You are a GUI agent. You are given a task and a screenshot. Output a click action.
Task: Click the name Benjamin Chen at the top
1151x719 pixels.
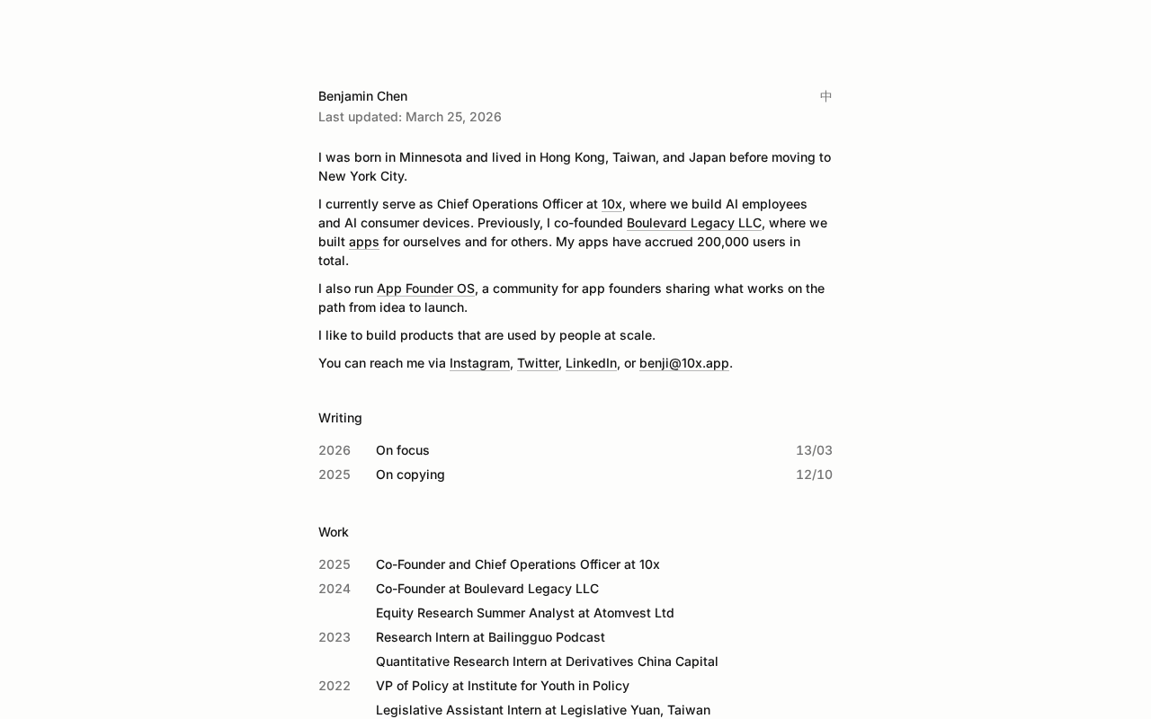(x=362, y=96)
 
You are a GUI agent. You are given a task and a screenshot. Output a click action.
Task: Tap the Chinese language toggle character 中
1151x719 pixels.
(x=825, y=96)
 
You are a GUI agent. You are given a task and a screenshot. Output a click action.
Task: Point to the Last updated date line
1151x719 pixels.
(x=409, y=117)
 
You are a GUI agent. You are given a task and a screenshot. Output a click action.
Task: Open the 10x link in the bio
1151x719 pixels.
(x=611, y=204)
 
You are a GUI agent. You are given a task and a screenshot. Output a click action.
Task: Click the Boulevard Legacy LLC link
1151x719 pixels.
(x=693, y=223)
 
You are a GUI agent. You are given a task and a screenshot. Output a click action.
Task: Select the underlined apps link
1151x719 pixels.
(x=363, y=242)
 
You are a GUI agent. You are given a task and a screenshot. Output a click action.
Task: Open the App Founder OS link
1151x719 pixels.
(x=425, y=288)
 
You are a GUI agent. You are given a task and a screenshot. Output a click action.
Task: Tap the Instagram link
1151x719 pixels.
(x=479, y=363)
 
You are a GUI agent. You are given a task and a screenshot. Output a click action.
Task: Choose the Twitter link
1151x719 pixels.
(x=538, y=363)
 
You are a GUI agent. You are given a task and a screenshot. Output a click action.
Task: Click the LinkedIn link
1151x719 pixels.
(x=591, y=363)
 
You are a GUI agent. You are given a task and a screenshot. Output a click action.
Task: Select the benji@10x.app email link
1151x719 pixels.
(x=683, y=363)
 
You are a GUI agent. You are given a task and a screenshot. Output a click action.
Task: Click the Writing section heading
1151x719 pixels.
(x=340, y=418)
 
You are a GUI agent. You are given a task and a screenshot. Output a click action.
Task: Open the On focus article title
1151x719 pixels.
(x=402, y=450)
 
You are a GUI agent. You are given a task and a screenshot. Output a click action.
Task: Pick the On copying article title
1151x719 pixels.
(x=410, y=475)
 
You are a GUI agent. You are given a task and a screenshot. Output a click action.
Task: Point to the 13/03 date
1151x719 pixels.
(x=814, y=450)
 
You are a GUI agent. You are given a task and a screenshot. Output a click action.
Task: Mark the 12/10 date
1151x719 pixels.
(x=814, y=475)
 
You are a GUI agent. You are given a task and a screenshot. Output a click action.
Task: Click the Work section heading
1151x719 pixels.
(x=333, y=532)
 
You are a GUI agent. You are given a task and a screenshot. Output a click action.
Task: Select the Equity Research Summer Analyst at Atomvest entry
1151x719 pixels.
(x=524, y=613)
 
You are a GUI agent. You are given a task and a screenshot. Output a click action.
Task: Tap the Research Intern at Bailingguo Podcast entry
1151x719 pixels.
(x=490, y=637)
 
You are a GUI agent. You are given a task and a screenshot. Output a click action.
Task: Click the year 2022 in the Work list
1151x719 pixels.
(x=334, y=686)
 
